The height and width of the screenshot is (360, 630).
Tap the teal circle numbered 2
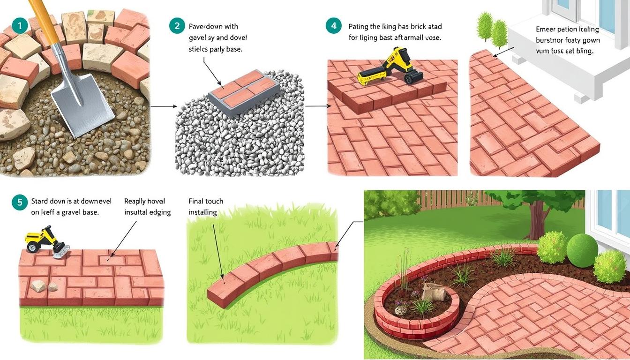tap(177, 26)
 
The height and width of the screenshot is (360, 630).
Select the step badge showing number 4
tap(333, 26)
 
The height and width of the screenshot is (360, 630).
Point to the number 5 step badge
tap(20, 202)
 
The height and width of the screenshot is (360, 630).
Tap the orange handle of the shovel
tap(42, 19)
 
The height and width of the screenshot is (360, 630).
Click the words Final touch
tap(206, 201)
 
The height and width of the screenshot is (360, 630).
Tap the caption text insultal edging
tap(147, 212)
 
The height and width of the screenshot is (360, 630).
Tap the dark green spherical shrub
tap(583, 251)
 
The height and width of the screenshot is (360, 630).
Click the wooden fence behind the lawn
tap(450, 200)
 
